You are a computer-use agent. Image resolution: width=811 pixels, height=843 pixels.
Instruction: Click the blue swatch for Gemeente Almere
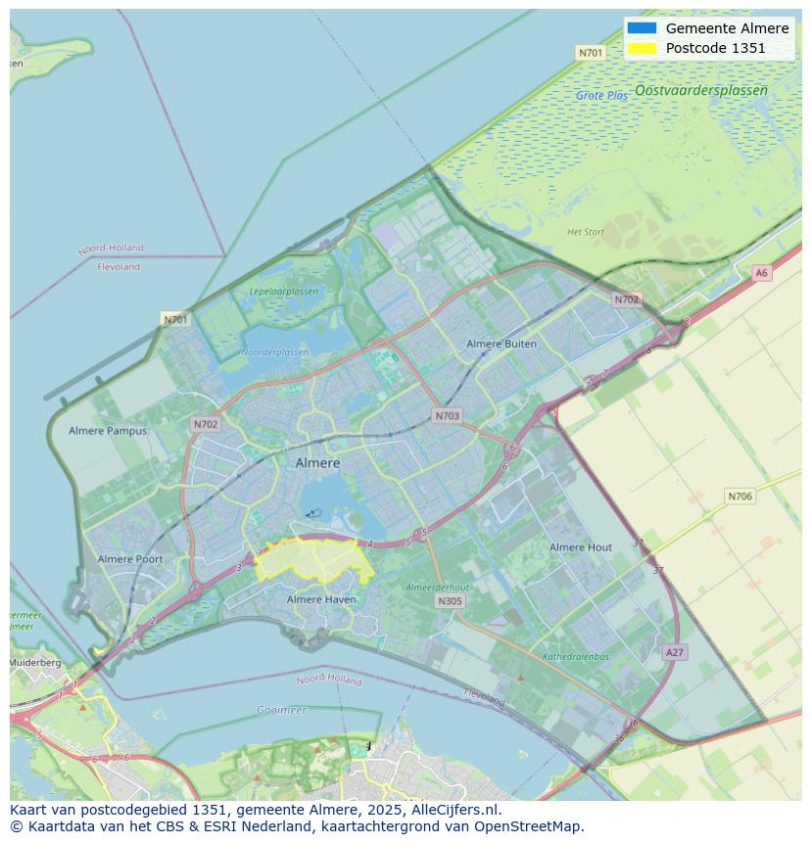pos(643,28)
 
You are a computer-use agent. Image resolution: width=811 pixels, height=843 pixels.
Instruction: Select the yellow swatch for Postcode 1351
pos(643,48)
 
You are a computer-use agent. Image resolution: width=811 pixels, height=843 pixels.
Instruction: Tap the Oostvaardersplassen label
pos(700,90)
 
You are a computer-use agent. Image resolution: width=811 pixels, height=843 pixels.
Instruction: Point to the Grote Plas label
pos(601,96)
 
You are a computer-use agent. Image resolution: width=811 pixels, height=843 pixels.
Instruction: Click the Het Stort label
pos(586,232)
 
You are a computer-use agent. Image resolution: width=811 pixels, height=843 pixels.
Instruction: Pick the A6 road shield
pos(761,273)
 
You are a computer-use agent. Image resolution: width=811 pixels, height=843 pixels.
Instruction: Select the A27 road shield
pos(674,652)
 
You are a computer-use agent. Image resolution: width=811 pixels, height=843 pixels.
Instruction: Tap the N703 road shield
pos(447,416)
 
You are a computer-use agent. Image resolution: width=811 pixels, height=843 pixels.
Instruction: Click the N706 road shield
pos(739,496)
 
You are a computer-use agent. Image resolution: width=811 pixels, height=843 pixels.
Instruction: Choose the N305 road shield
pos(450,601)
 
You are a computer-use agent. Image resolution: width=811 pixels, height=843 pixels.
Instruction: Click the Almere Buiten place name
pos(501,344)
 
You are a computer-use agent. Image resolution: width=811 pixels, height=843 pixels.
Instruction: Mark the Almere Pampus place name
pos(108,431)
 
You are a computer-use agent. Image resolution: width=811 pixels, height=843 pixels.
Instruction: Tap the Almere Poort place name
pos(130,559)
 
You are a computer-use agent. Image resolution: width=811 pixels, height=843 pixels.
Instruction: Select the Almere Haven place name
pos(321,599)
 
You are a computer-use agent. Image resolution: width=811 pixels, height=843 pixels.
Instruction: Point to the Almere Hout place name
pos(581,547)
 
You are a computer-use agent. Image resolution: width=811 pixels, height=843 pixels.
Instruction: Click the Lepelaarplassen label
pos(283,292)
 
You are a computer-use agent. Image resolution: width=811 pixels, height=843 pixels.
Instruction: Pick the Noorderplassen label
pos(274,352)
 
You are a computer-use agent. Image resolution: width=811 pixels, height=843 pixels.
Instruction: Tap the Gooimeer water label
pos(281,710)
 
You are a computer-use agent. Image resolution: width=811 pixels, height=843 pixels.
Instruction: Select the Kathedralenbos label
pos(576,657)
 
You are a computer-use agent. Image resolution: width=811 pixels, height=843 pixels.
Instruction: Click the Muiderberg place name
pos(35,663)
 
